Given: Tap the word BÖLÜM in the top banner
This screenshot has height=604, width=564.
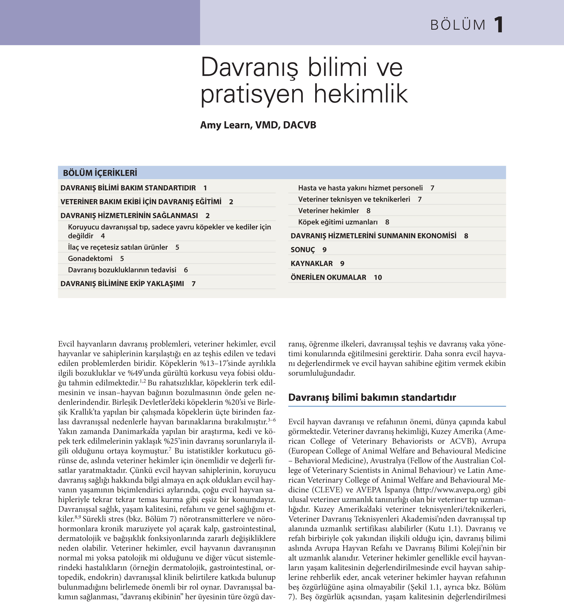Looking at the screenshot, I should pyautogui.click(x=458, y=25).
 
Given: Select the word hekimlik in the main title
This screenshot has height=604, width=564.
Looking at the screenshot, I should pyautogui.click(x=361, y=94).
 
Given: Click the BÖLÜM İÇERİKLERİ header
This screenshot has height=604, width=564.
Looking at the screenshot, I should pyautogui.click(x=100, y=173).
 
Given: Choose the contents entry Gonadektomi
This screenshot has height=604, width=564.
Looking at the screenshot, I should pyautogui.click(x=90, y=258).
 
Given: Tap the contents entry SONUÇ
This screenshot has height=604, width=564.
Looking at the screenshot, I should pyautogui.click(x=302, y=250).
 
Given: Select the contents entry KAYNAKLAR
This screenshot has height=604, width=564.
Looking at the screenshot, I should pyautogui.click(x=312, y=263).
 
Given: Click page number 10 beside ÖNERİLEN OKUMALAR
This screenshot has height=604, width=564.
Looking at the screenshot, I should pyautogui.click(x=378, y=277).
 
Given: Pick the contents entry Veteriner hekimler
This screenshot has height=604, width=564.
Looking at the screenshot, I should pyautogui.click(x=328, y=211).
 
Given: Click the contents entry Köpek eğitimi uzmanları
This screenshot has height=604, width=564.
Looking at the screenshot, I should pyautogui.click(x=338, y=222).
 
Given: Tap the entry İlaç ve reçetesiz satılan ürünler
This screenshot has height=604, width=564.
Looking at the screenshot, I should pyautogui.click(x=118, y=247).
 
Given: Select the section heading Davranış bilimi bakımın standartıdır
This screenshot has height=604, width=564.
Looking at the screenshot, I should pyautogui.click(x=372, y=398).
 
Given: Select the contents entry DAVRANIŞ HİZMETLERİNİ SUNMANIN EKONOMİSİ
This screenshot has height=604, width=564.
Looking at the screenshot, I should pyautogui.click(x=373, y=236).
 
